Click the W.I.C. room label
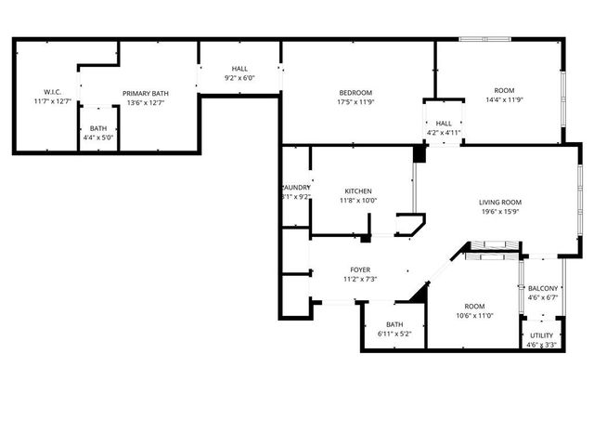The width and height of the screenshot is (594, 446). click(52, 92)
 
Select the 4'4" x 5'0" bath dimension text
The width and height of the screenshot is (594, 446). click(98, 138)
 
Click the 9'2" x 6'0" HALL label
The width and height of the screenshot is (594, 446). click(239, 78)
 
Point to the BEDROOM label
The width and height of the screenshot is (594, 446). click(355, 92)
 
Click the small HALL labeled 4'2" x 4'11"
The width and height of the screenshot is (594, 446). click(444, 123)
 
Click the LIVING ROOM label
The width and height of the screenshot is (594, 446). click(500, 202)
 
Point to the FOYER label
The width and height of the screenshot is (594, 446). click(360, 269)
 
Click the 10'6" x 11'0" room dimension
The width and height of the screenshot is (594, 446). click(473, 316)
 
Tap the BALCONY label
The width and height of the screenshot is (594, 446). click(542, 288)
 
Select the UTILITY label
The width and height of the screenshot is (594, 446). click(542, 335)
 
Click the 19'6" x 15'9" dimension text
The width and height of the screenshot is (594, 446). click(500, 211)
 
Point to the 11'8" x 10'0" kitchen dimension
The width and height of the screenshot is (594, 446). click(358, 200)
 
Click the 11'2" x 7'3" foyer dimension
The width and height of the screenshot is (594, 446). click(360, 279)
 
